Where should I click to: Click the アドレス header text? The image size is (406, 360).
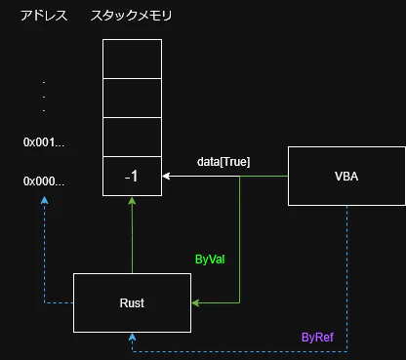tap(44, 17)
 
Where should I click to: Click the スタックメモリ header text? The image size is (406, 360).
tap(132, 17)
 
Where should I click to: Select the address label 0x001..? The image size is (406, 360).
tap(44, 142)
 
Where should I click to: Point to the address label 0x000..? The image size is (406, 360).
tap(44, 181)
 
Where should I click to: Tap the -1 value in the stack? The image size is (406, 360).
tap(132, 177)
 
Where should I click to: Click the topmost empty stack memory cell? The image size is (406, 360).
tap(132, 60)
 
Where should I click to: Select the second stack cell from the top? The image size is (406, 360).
tap(132, 98)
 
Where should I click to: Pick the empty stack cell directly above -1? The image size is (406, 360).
tap(132, 137)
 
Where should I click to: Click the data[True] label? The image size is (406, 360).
tap(223, 162)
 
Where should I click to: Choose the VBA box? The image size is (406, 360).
tap(346, 176)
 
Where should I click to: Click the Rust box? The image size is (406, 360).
tap(132, 302)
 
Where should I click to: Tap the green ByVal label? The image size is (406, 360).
tap(212, 260)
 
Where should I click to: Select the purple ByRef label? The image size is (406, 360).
tap(317, 337)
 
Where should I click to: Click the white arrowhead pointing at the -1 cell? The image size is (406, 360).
tap(168, 177)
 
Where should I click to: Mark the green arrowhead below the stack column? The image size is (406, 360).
tap(132, 202)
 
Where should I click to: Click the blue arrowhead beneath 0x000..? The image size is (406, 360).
tap(44, 201)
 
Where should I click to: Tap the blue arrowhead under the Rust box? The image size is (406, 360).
tap(132, 337)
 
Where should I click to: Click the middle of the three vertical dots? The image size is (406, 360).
tap(44, 97)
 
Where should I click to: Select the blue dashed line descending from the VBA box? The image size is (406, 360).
tap(346, 273)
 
